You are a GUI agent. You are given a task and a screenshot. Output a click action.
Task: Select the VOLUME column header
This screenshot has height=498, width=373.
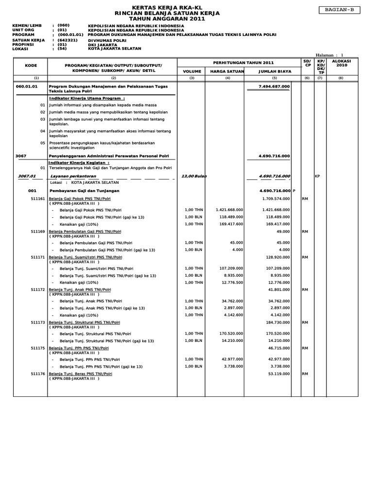coord(191,71)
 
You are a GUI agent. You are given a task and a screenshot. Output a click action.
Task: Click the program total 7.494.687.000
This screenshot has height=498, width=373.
coord(275,86)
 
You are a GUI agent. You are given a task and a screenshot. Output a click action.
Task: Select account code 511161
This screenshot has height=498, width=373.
coord(37,199)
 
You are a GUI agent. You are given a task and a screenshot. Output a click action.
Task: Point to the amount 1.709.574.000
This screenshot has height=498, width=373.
coord(276,199)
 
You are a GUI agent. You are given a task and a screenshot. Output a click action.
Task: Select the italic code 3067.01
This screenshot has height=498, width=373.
coord(27,176)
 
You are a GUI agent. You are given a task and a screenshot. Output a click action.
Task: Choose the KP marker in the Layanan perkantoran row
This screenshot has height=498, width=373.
coord(318,176)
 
